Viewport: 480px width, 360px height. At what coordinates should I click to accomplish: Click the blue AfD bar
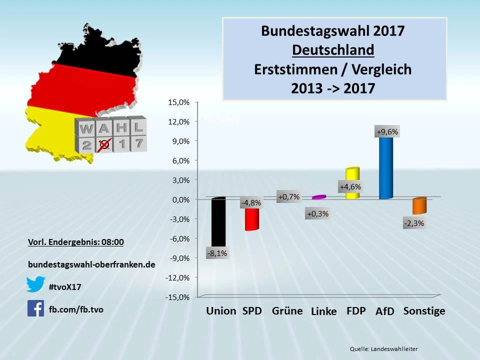click(385, 167)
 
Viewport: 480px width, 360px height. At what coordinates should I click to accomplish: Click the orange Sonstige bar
click(419, 205)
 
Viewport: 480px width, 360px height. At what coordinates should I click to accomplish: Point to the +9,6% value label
click(387, 132)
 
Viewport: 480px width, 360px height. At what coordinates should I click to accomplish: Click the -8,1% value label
click(216, 253)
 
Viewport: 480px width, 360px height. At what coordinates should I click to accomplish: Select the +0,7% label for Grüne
click(288, 197)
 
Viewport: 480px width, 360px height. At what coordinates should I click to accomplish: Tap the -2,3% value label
click(414, 223)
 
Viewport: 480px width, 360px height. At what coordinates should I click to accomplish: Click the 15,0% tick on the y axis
click(178, 102)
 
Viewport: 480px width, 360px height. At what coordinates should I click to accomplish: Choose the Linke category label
click(323, 311)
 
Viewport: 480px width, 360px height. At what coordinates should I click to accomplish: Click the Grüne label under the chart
click(287, 311)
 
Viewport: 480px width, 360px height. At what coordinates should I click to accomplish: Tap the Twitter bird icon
click(36, 284)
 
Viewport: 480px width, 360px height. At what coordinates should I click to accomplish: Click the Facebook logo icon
click(36, 308)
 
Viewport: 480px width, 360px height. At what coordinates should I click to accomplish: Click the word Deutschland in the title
click(333, 50)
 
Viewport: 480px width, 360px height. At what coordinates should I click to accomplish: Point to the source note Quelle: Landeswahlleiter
click(383, 348)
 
